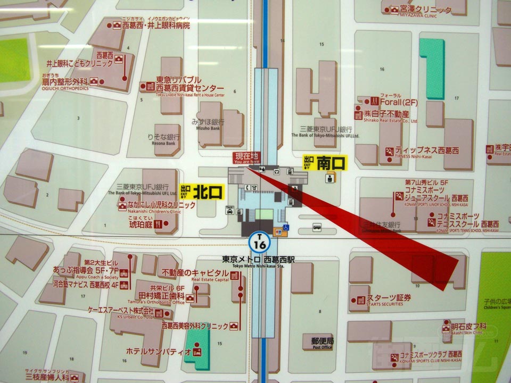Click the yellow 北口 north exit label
pos(202,192)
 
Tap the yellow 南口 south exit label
pos(325,162)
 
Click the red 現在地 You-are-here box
pos(248,157)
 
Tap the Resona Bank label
pos(162,139)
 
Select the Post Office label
pos(323,343)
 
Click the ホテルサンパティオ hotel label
pos(159,351)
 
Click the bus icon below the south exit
pos(317,227)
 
